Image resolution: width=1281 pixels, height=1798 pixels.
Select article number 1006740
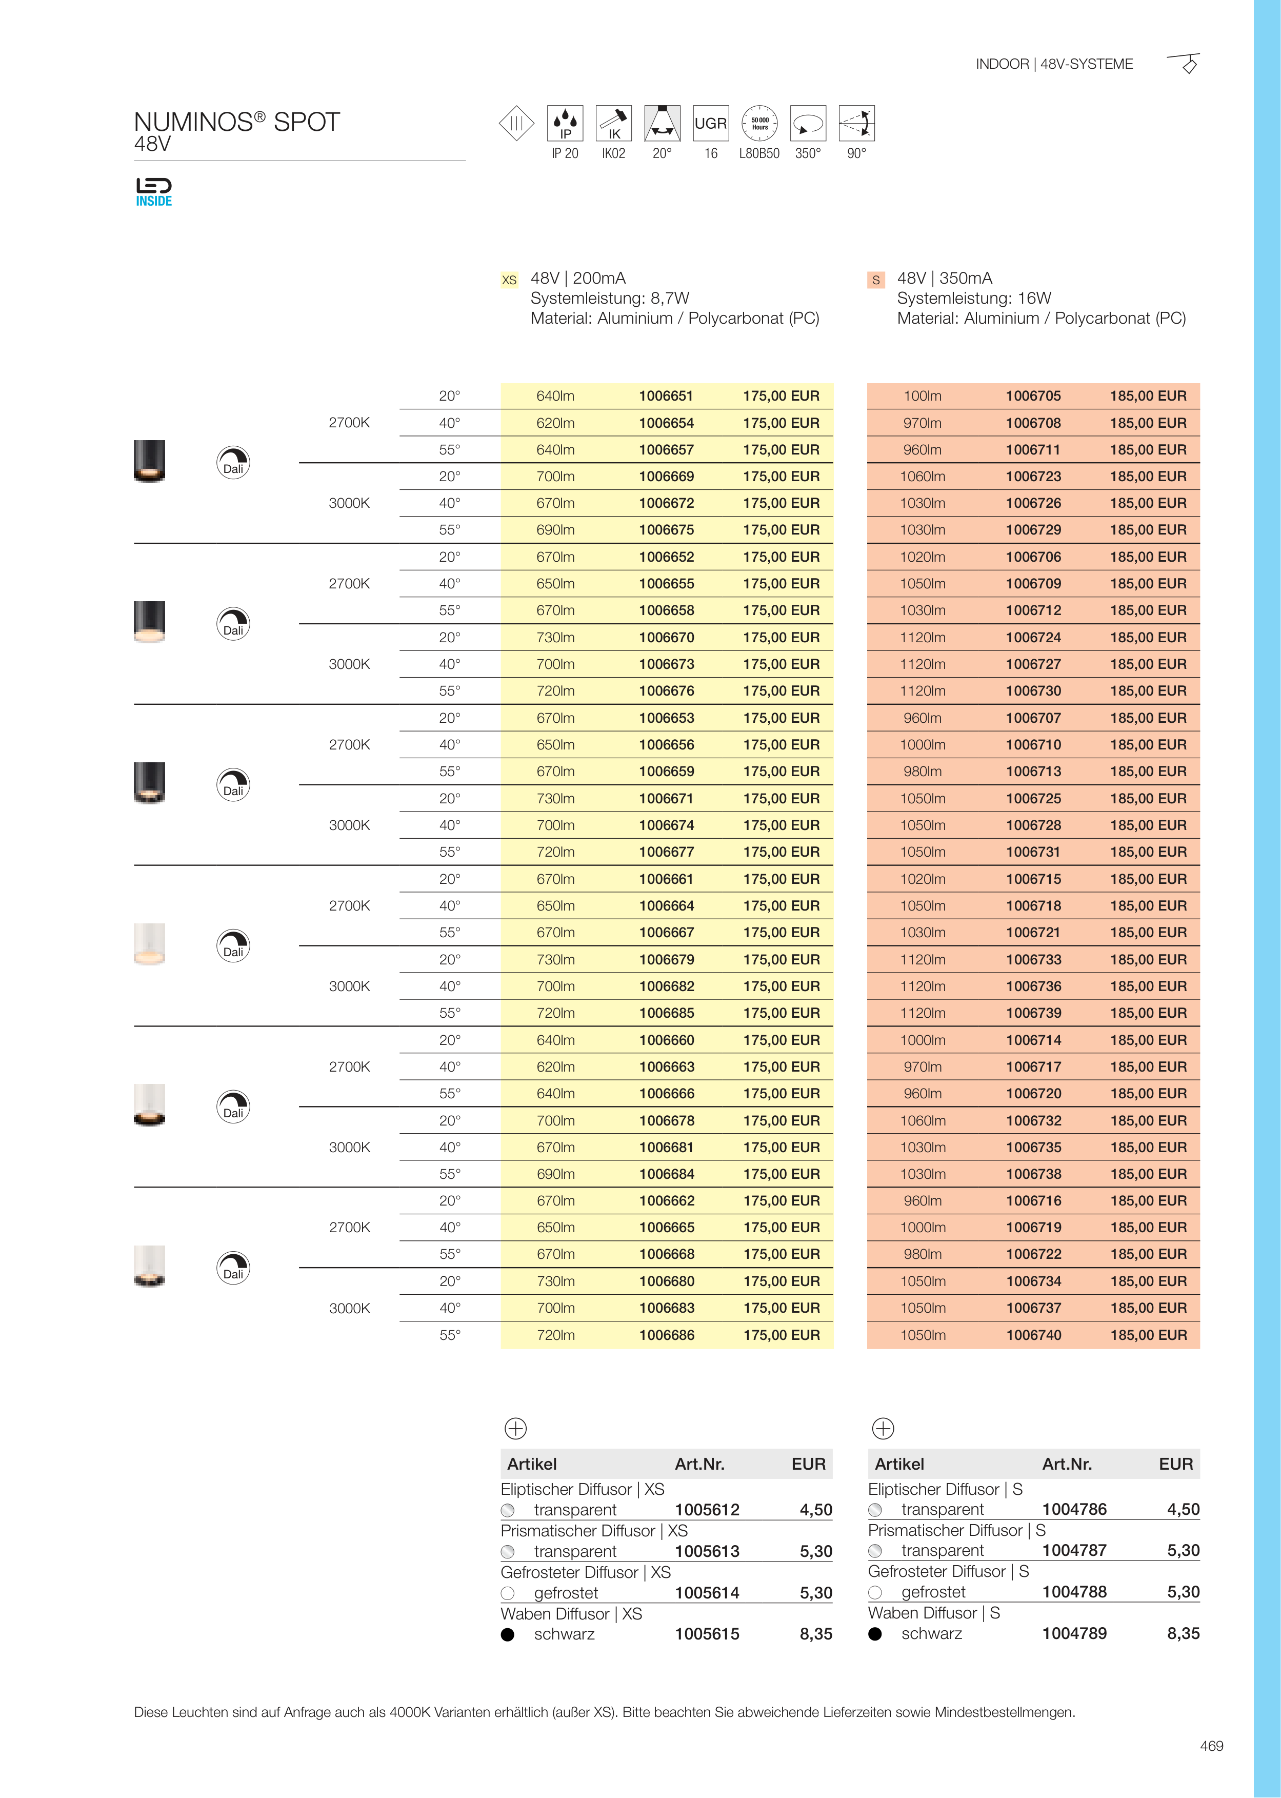click(1033, 1335)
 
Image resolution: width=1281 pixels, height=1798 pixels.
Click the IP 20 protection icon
click(565, 124)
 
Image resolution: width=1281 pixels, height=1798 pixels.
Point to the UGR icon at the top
click(711, 124)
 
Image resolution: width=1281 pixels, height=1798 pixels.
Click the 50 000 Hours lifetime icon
click(759, 124)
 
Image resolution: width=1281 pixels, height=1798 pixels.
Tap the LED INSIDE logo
click(154, 192)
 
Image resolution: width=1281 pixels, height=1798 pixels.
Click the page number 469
click(1211, 1746)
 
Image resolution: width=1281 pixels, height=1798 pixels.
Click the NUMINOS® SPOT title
click(236, 122)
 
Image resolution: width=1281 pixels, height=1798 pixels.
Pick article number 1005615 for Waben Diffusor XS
click(707, 1634)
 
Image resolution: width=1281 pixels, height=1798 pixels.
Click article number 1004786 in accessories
click(1074, 1509)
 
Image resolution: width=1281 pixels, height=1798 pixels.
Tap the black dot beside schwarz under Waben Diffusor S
click(875, 1634)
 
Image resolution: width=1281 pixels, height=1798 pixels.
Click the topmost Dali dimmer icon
click(233, 462)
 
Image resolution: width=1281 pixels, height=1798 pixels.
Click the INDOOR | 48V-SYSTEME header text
click(1054, 64)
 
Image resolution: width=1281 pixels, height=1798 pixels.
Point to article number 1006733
click(1033, 959)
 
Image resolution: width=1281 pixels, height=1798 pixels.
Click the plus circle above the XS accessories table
click(515, 1428)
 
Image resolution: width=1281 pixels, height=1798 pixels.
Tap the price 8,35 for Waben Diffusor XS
click(815, 1634)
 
